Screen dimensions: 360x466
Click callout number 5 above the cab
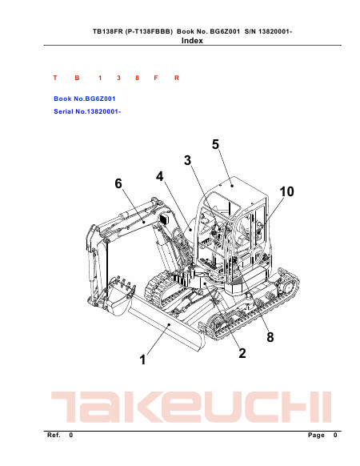pyautogui.click(x=215, y=144)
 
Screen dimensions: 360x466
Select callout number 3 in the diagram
pyautogui.click(x=187, y=160)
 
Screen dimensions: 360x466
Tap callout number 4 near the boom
pyautogui.click(x=160, y=176)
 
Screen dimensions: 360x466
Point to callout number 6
pyautogui.click(x=118, y=183)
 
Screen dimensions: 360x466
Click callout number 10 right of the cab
pyautogui.click(x=286, y=191)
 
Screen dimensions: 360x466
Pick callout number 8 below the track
pyautogui.click(x=270, y=337)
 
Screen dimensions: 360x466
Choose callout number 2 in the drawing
pyautogui.click(x=242, y=353)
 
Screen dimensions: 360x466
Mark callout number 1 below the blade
pyautogui.click(x=143, y=360)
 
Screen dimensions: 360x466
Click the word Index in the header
pyautogui.click(x=192, y=41)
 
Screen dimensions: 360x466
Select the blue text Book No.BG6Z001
pyautogui.click(x=85, y=98)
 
